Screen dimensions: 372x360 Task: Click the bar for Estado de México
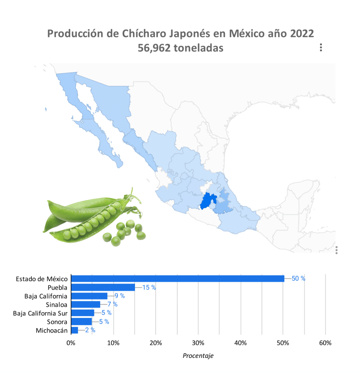tap(177, 279)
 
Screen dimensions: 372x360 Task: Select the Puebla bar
tap(103, 287)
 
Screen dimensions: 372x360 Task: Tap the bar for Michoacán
tap(74, 330)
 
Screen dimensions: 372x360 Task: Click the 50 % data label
tap(298, 279)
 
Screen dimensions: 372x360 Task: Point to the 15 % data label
tap(149, 287)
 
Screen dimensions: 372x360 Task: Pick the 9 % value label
tap(120, 296)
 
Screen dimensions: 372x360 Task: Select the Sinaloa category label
tap(56, 304)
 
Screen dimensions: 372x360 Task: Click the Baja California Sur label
tap(40, 313)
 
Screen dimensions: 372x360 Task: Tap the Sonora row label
tap(57, 322)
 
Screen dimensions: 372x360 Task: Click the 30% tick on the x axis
tap(198, 343)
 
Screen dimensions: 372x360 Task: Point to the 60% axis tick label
tap(325, 343)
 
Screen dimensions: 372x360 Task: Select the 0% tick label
tap(71, 343)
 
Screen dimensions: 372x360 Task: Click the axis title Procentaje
tap(198, 356)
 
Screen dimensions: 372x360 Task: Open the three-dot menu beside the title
tap(321, 48)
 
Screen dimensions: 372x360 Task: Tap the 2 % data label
tap(90, 330)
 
